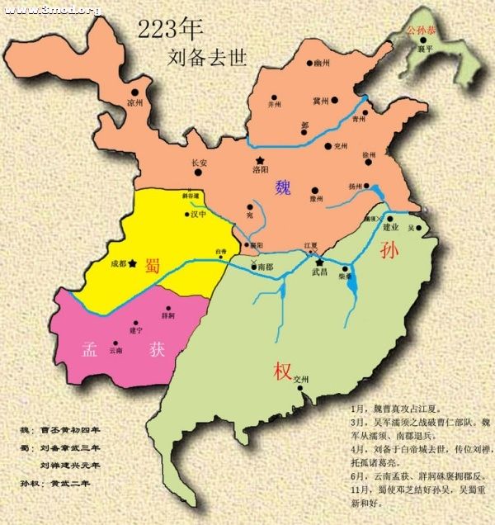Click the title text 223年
(170, 30)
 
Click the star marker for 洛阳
(261, 160)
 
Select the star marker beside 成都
(132, 263)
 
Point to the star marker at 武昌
(319, 262)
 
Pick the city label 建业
(391, 227)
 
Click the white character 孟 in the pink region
(92, 348)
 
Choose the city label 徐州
(368, 154)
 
